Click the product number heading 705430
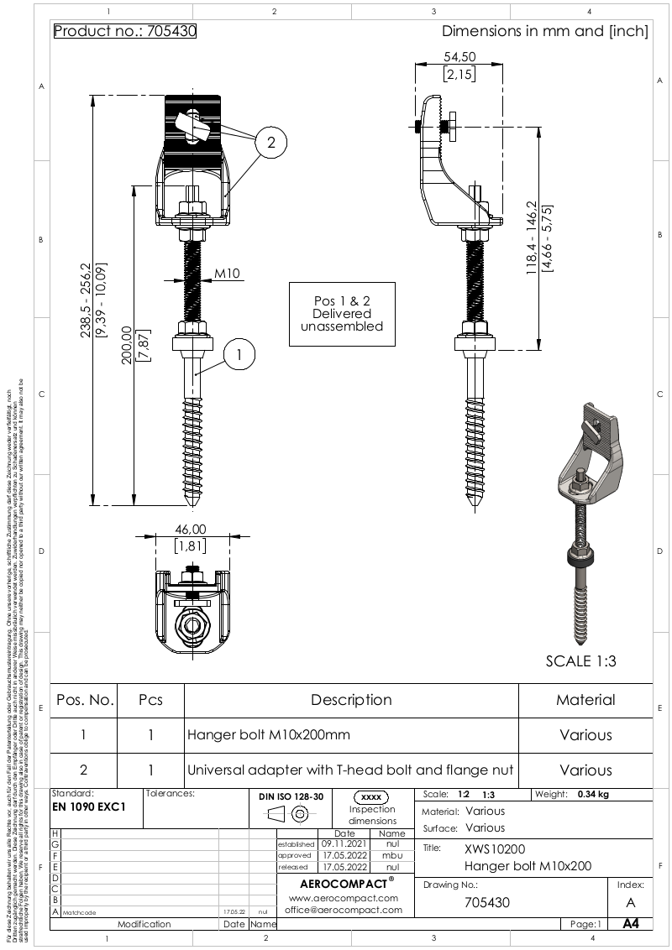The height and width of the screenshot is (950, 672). pos(125,32)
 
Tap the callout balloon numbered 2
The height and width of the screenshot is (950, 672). pos(270,143)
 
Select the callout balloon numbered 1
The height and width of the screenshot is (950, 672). pos(239,355)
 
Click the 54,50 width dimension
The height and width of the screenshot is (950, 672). pos(459,57)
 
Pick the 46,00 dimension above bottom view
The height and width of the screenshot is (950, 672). pos(190,530)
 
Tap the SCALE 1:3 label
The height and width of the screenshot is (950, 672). pos(580,660)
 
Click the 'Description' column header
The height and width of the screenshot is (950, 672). pos(351,700)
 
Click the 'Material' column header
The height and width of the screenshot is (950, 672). pos(585,700)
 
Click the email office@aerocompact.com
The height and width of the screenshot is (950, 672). pos(341,910)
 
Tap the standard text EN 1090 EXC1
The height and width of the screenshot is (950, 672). pos(89,806)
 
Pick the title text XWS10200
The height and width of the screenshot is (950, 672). pos(495,848)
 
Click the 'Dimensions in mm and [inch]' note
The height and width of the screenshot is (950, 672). pos(544,32)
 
